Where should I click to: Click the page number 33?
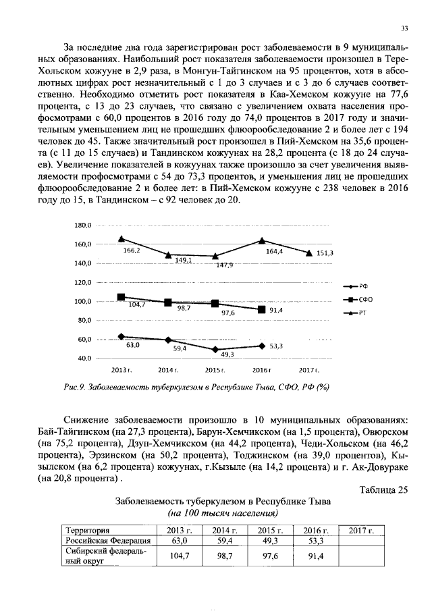click(405, 28)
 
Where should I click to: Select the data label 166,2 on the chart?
click(132, 250)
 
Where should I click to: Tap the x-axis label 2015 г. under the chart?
click(215, 371)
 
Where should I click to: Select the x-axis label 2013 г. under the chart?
click(120, 371)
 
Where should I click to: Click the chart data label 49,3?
click(227, 354)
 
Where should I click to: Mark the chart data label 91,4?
click(276, 310)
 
